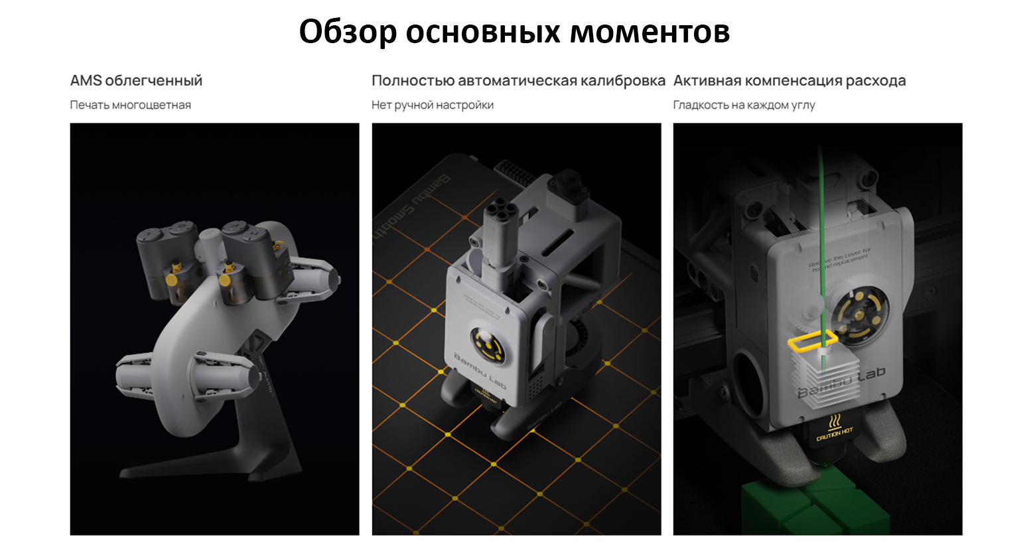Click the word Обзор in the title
[348, 31]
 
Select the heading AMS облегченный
[136, 81]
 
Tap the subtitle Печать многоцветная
[130, 105]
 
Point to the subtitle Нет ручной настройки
[432, 105]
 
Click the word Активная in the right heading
[707, 81]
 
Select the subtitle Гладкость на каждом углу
[744, 105]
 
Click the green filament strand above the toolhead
[821, 199]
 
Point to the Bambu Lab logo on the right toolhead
[843, 383]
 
